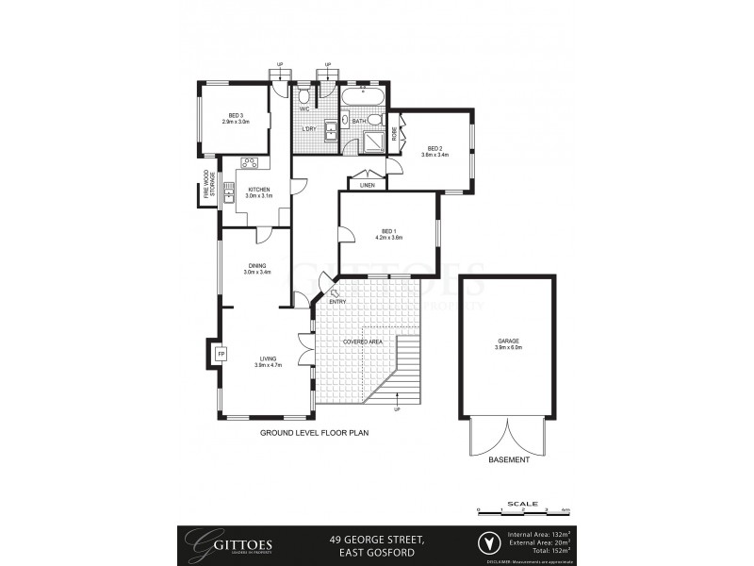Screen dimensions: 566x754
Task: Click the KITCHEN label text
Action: click(x=258, y=191)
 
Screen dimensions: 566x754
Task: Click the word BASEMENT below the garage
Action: click(x=509, y=459)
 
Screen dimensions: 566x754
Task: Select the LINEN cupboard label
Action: click(x=367, y=185)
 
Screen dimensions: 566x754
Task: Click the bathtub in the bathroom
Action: click(x=362, y=99)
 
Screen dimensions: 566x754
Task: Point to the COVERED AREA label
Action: click(x=362, y=341)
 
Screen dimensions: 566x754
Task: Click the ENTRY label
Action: click(x=337, y=301)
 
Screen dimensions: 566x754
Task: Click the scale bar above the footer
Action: click(x=524, y=509)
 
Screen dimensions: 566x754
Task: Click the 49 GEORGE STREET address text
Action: click(x=377, y=541)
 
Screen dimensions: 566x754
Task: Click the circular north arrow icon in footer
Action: click(x=487, y=544)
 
